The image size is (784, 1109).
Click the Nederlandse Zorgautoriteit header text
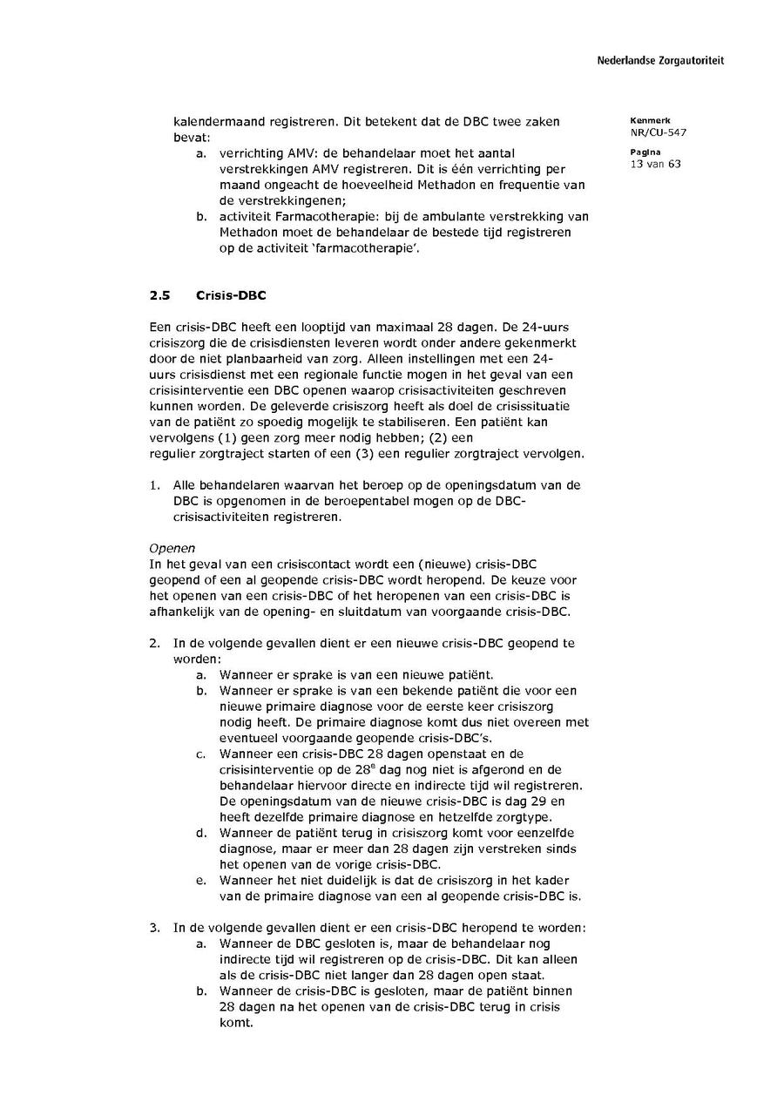[x=659, y=61]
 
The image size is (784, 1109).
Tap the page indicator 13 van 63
[x=655, y=164]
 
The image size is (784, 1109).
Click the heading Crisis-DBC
[x=231, y=295]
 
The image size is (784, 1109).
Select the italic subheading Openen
[x=172, y=548]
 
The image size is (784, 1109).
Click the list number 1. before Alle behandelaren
[x=154, y=485]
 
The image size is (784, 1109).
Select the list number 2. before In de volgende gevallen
[x=154, y=644]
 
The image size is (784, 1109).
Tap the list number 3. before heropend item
[x=154, y=928]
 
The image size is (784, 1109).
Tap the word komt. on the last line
[x=235, y=1023]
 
